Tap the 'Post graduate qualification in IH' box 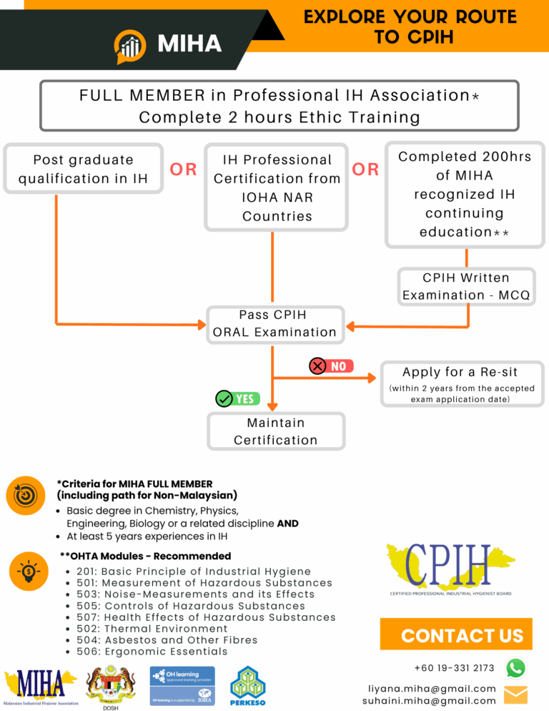coord(84,169)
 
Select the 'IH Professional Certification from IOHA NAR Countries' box coord(277,187)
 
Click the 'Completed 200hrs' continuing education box coord(465,194)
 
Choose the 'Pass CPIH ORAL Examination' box coord(274,323)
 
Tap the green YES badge coord(238,398)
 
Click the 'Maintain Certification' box coord(276,431)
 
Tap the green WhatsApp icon coord(515,668)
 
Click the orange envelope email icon coord(515,695)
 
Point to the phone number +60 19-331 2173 coord(454,668)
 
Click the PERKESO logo coord(249,686)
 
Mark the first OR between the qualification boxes coord(183,170)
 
